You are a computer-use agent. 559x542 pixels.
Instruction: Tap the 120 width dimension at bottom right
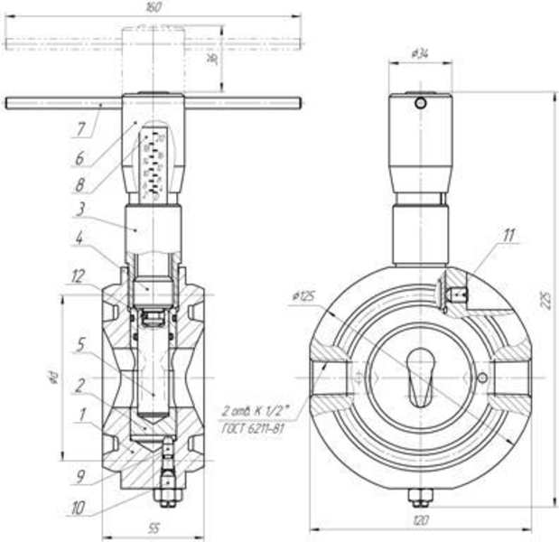[x=420, y=521]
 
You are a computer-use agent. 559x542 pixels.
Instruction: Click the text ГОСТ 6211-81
[x=254, y=427]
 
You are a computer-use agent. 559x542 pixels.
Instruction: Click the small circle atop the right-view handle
[x=420, y=103]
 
